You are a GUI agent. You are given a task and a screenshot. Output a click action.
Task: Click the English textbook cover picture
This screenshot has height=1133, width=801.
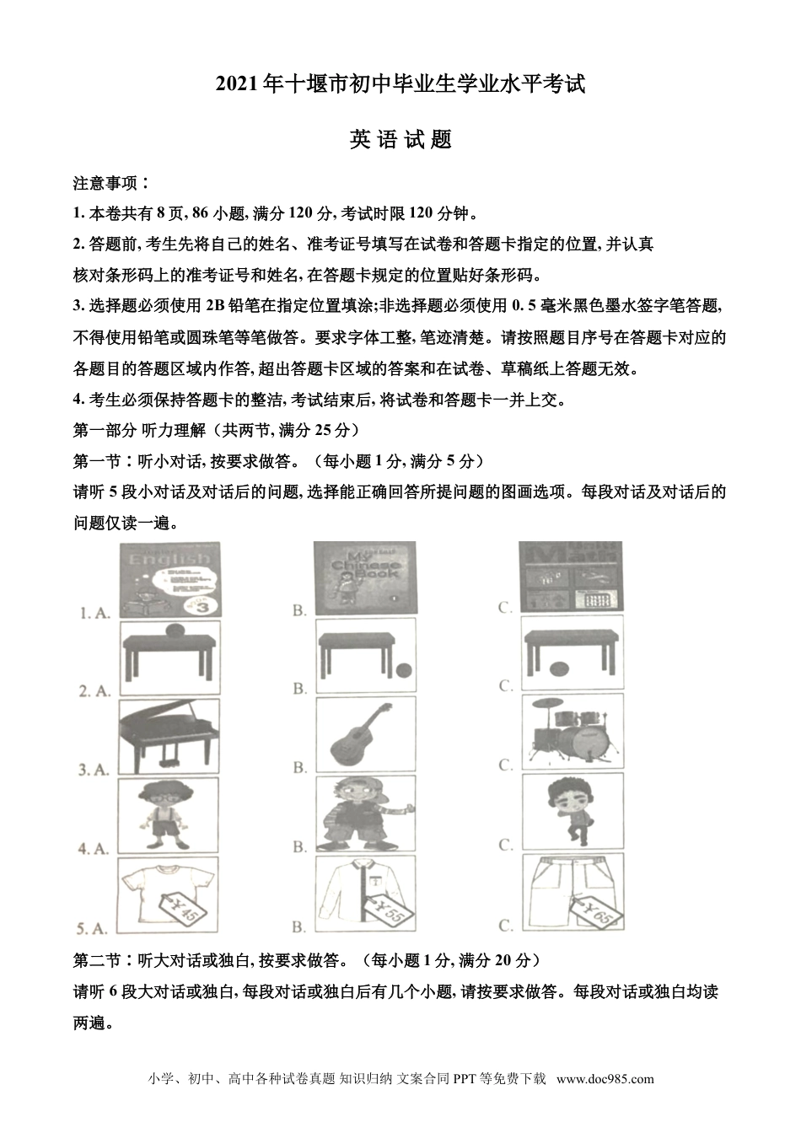click(x=169, y=580)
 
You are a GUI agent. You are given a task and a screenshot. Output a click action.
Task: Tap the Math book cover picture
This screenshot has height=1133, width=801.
click(x=571, y=577)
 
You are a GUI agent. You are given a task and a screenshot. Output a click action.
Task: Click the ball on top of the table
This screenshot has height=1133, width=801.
click(x=174, y=629)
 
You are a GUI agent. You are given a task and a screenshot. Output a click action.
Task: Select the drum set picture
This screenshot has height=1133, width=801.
click(x=570, y=731)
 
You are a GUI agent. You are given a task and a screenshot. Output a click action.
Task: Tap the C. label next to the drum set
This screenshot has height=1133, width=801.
click(x=506, y=765)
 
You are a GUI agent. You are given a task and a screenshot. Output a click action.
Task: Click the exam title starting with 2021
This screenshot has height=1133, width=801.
click(x=400, y=84)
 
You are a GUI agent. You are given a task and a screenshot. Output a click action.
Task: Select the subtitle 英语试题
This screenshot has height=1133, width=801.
click(x=400, y=139)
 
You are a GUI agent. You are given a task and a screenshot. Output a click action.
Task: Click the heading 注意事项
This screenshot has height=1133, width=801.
click(x=111, y=183)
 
